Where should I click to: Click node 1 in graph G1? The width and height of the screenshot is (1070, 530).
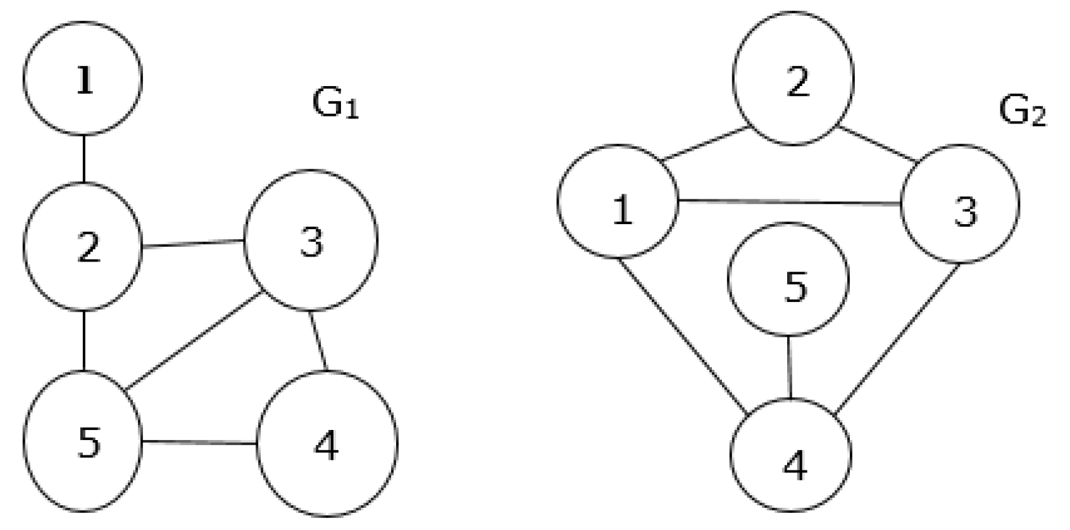coord(83,79)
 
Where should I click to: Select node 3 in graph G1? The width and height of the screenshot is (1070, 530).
coord(311,240)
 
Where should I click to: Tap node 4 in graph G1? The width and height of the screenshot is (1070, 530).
coord(327,443)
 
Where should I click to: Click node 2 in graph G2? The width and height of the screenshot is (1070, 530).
coord(793,79)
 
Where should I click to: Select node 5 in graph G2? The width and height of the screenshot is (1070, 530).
coord(788,279)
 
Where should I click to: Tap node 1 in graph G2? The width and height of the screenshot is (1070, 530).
coord(618,201)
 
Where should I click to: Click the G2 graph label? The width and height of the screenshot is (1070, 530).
coord(1022,111)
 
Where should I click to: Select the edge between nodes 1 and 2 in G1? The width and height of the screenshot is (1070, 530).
coord(84,158)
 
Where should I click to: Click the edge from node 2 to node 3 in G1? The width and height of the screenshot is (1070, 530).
coord(193,243)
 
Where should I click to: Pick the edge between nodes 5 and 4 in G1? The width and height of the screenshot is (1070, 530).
coord(199,442)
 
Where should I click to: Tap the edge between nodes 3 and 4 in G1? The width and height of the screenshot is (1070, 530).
coord(318,340)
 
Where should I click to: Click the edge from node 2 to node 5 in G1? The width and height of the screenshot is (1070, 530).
coord(84,341)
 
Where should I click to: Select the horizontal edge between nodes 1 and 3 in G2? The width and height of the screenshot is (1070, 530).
coord(790,203)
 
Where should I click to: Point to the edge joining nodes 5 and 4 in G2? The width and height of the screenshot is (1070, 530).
coord(789,367)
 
